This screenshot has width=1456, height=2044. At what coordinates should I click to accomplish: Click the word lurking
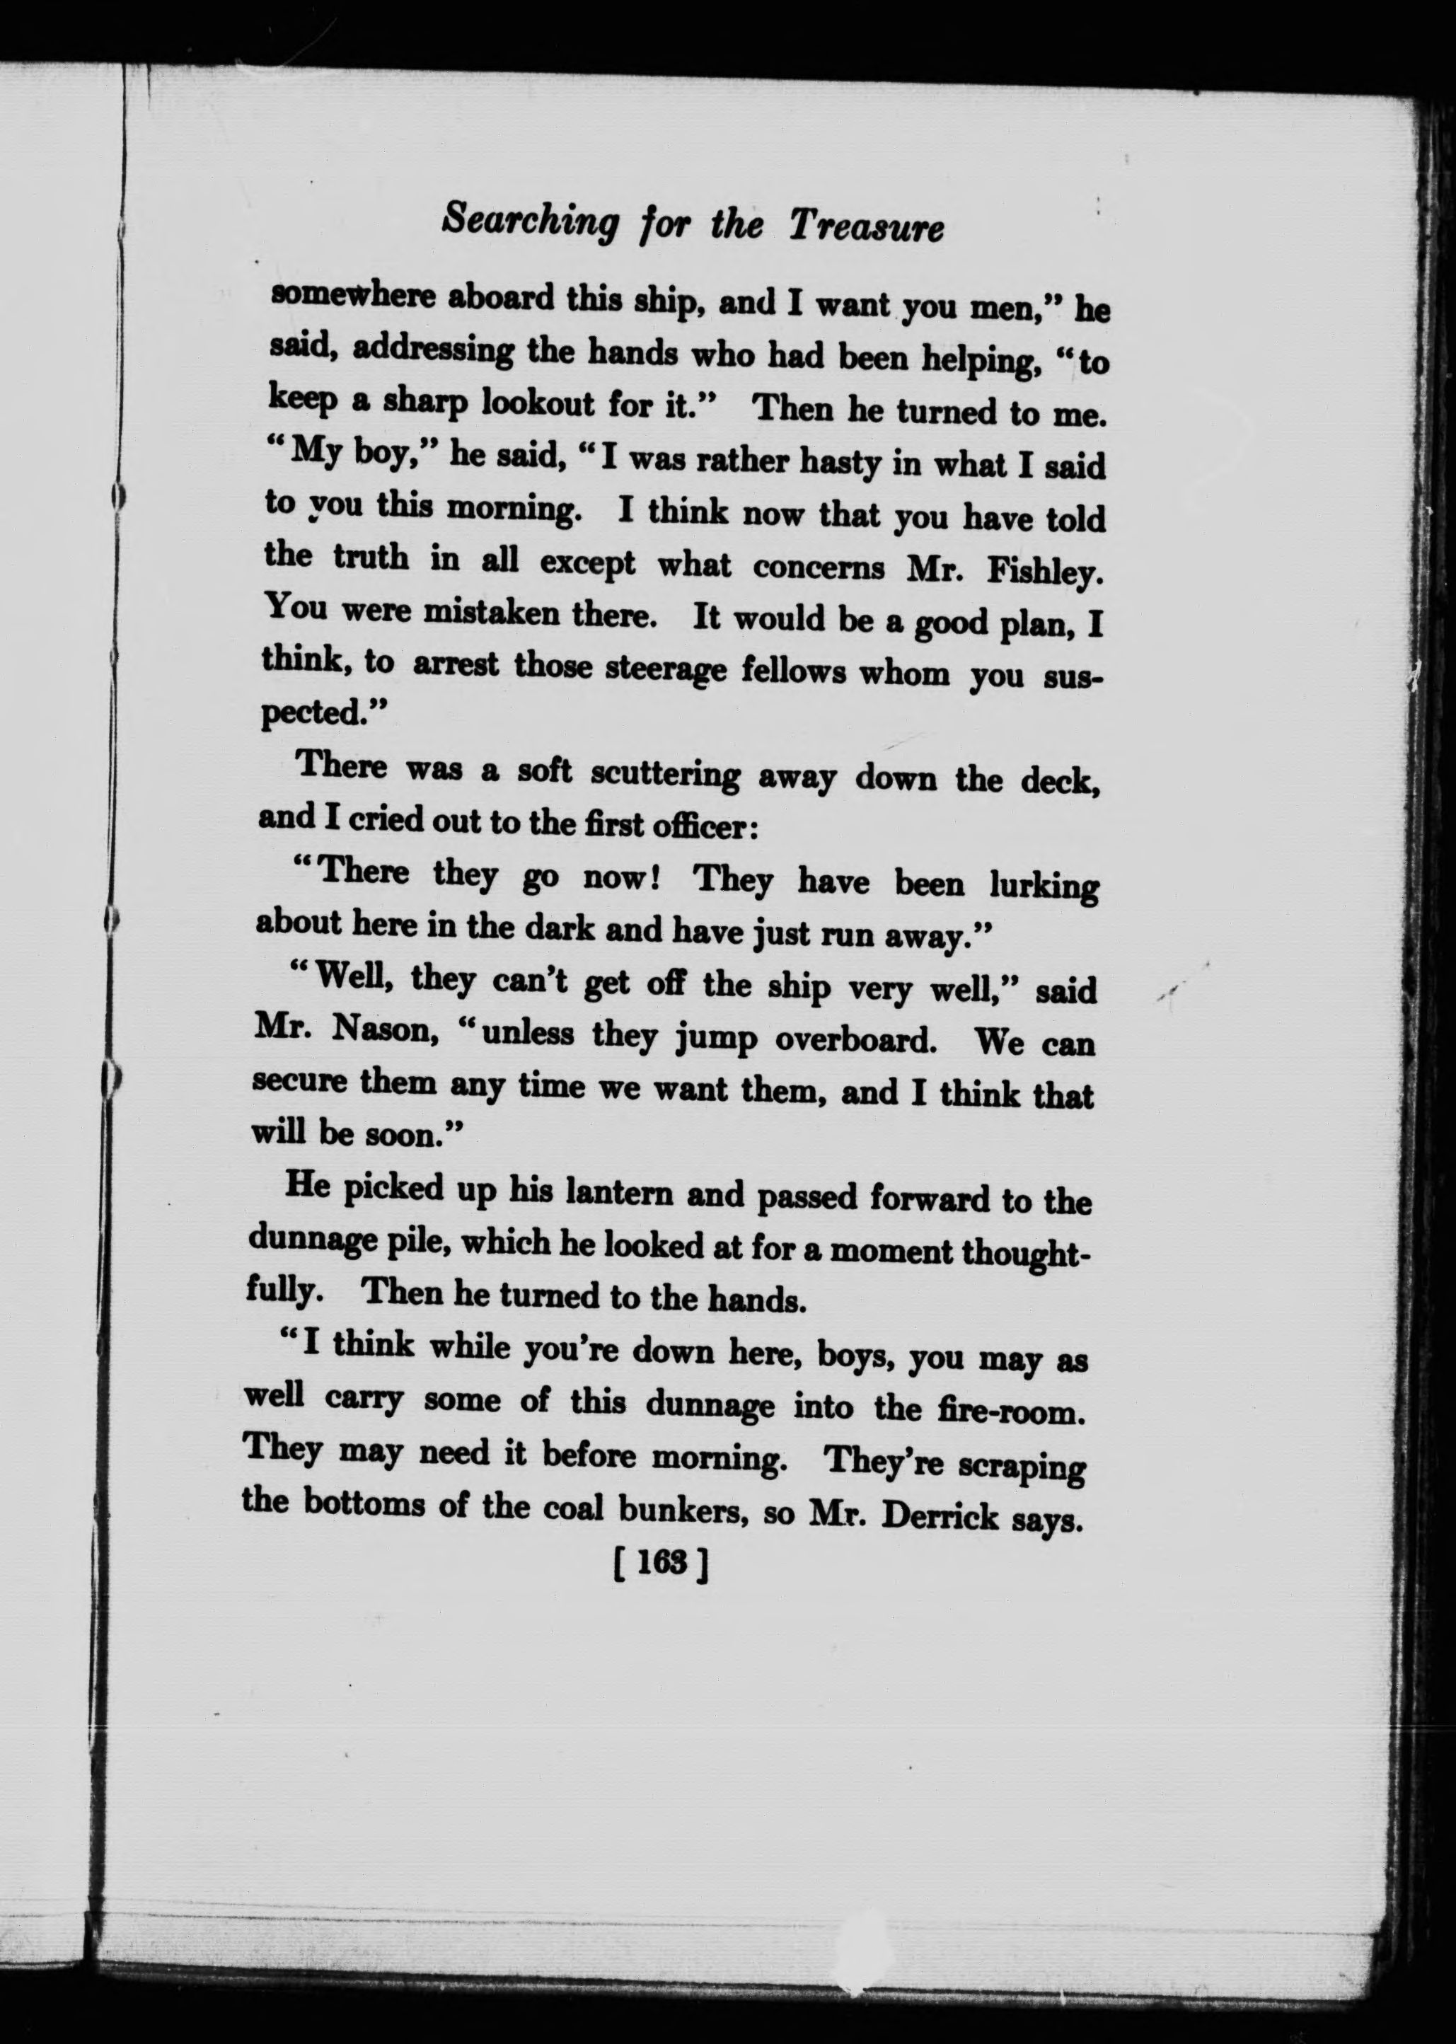(x=1044, y=886)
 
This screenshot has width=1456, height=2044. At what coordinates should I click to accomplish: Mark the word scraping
(x=1022, y=1465)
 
